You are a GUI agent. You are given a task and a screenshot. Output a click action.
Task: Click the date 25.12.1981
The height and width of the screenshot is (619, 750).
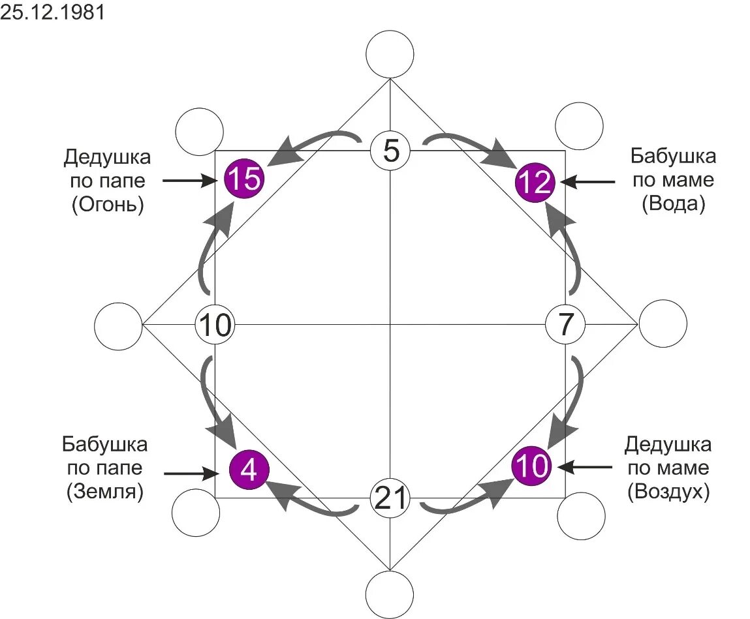click(52, 14)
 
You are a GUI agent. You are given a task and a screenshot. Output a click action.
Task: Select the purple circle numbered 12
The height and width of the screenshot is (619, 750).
click(534, 182)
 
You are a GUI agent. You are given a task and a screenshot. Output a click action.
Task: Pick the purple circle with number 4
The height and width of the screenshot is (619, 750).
click(249, 469)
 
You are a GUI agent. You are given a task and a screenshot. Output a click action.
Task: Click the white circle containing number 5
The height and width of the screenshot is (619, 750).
click(390, 151)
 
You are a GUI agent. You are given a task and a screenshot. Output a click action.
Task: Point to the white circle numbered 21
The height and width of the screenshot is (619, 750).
click(390, 499)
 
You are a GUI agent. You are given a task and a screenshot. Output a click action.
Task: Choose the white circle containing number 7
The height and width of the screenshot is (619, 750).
click(565, 324)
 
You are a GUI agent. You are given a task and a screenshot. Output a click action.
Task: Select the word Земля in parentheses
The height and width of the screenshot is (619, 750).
click(104, 492)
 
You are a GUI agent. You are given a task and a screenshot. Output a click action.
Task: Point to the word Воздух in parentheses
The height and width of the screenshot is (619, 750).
click(668, 492)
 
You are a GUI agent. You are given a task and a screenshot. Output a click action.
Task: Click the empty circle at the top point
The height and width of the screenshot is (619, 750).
click(390, 54)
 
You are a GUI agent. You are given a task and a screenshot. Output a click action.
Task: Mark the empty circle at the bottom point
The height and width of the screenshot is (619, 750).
click(390, 594)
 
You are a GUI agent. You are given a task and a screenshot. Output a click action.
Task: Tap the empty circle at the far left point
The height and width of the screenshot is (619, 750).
click(118, 325)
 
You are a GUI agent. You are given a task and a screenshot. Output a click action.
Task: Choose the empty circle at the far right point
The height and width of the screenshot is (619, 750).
click(663, 324)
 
